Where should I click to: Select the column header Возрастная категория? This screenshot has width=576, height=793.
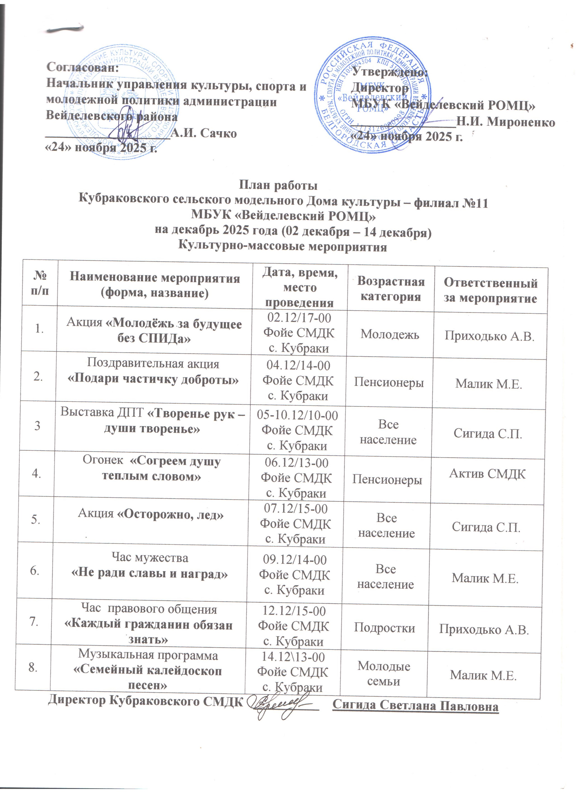click(x=391, y=289)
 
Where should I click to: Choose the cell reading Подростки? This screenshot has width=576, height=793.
click(x=385, y=628)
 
